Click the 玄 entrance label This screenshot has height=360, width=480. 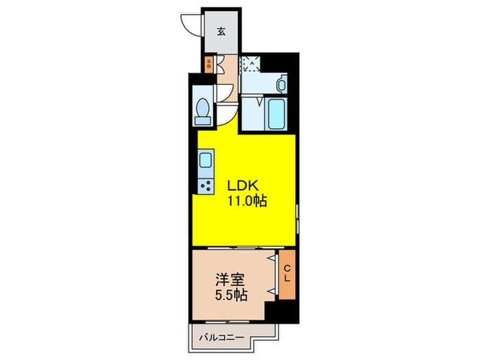coord(221,32)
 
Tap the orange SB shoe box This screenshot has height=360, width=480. coord(211,64)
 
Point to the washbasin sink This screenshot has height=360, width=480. coord(281,84)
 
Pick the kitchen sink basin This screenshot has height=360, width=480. coord(206,162)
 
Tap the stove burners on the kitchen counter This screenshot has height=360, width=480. coord(206,184)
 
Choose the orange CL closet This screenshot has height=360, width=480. coord(287,275)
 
